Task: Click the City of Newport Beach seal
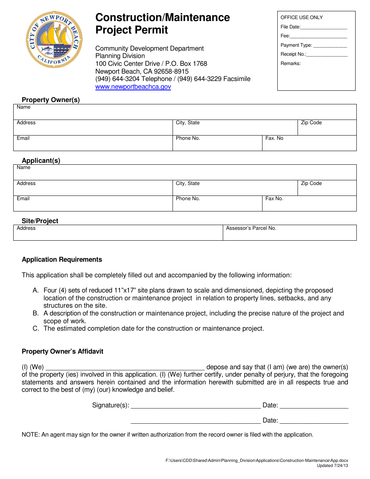(54, 40)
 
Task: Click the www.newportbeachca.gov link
(133, 87)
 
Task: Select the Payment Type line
(330, 46)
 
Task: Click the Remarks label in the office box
(291, 63)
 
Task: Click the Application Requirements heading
(62, 260)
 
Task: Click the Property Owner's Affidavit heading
(62, 352)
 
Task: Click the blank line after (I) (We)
(125, 367)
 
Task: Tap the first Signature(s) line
(196, 406)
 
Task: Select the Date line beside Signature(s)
(314, 406)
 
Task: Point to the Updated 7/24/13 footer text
(332, 466)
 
